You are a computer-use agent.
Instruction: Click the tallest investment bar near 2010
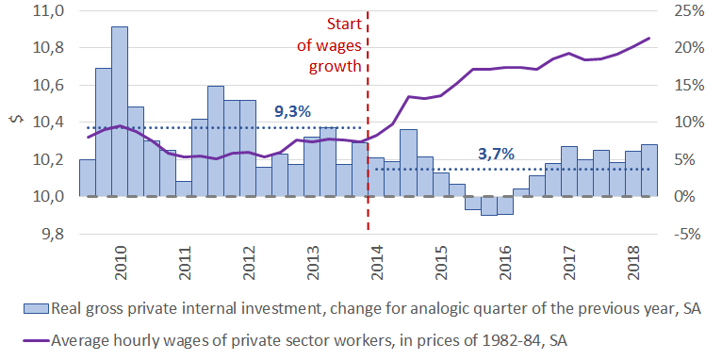pos(120,111)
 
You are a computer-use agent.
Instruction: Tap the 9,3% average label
pos(292,111)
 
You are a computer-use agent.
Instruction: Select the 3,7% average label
pos(496,154)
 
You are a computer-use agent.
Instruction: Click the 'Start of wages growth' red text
pos(336,45)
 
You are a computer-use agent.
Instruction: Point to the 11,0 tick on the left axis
pos(41,11)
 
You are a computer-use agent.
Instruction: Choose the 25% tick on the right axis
pos(685,11)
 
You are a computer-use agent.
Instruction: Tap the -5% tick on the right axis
pos(685,235)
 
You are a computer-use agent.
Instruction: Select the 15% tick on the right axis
pos(685,86)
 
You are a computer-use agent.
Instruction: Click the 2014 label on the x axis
pos(377,262)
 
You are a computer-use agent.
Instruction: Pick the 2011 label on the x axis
pos(184,262)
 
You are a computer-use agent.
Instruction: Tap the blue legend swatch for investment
pos(36,308)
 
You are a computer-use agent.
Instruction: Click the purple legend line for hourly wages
pos(36,341)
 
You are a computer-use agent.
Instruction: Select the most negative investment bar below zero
pos(488,205)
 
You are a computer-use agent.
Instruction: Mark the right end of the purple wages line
pos(649,38)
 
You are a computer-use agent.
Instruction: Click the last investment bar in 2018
pos(649,171)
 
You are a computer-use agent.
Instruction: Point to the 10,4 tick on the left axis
pos(41,123)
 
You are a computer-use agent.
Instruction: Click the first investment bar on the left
pos(88,178)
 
